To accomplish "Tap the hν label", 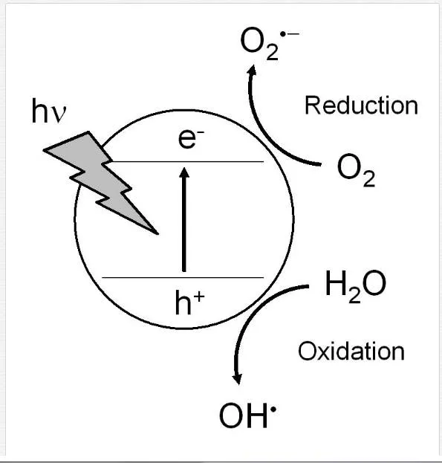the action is [49, 111].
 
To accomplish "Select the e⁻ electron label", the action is [191, 138].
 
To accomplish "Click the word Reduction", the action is [361, 106].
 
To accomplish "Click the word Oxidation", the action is [351, 351].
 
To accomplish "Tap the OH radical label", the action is [248, 415].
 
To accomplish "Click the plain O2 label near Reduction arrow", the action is [356, 169].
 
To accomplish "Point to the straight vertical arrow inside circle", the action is [184, 219].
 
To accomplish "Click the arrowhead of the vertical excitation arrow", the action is [184, 172].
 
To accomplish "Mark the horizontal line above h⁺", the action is [183, 277].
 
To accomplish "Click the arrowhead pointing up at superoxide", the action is [252, 70].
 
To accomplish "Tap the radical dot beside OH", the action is [273, 409].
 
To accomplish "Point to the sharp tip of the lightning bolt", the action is [157, 233].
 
